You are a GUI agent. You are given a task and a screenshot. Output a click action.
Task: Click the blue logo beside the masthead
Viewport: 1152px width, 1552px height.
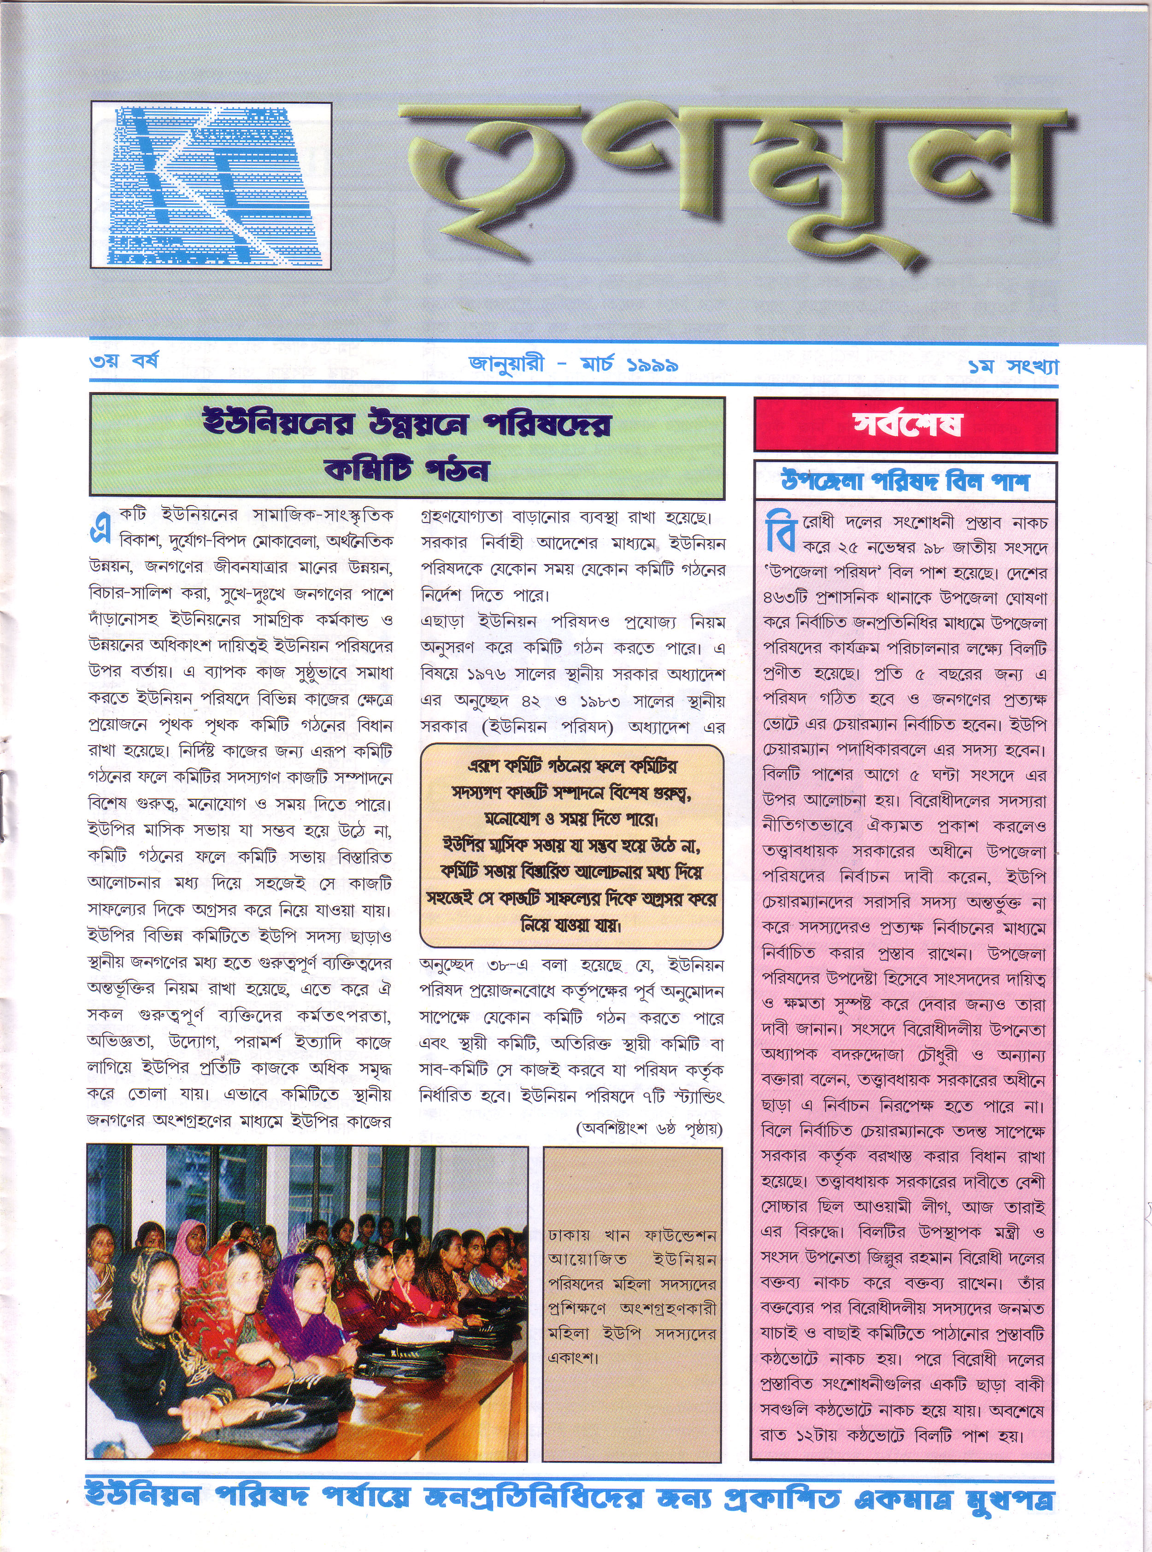point(211,185)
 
